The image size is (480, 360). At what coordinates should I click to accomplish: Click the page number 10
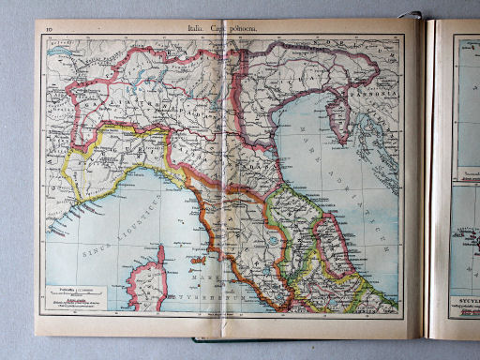coord(46,32)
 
